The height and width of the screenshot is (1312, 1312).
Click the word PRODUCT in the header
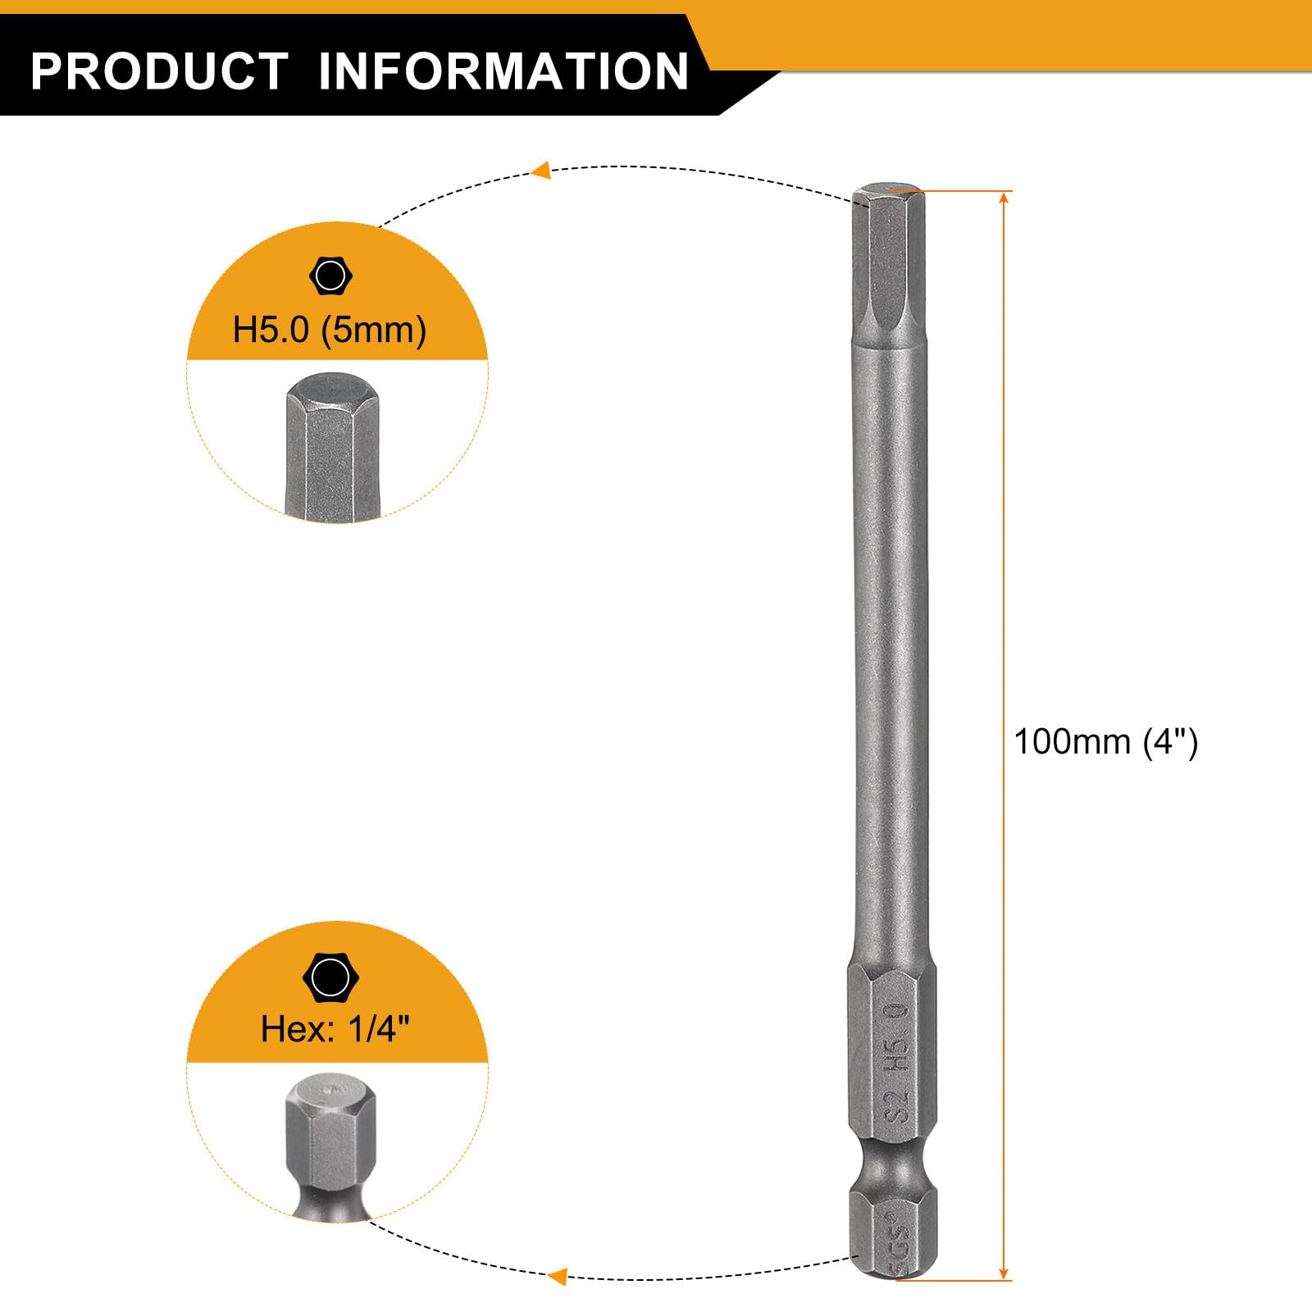pyautogui.click(x=159, y=71)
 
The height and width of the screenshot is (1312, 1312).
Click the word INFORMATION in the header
pyautogui.click(x=503, y=71)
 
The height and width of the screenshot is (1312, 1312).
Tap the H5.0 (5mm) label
pyautogui.click(x=330, y=330)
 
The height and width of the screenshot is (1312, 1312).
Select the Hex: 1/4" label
pyautogui.click(x=335, y=1028)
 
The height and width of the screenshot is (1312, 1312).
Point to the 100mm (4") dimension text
pyautogui.click(x=1106, y=742)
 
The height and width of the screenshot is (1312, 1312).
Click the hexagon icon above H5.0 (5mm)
pyautogui.click(x=330, y=276)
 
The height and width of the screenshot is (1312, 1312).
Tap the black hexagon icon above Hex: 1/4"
pyautogui.click(x=330, y=977)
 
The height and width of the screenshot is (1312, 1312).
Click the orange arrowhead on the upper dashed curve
pyautogui.click(x=540, y=171)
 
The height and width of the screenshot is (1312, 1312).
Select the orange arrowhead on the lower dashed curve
pyautogui.click(x=558, y=1276)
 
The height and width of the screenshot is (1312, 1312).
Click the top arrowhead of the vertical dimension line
pyautogui.click(x=1004, y=198)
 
